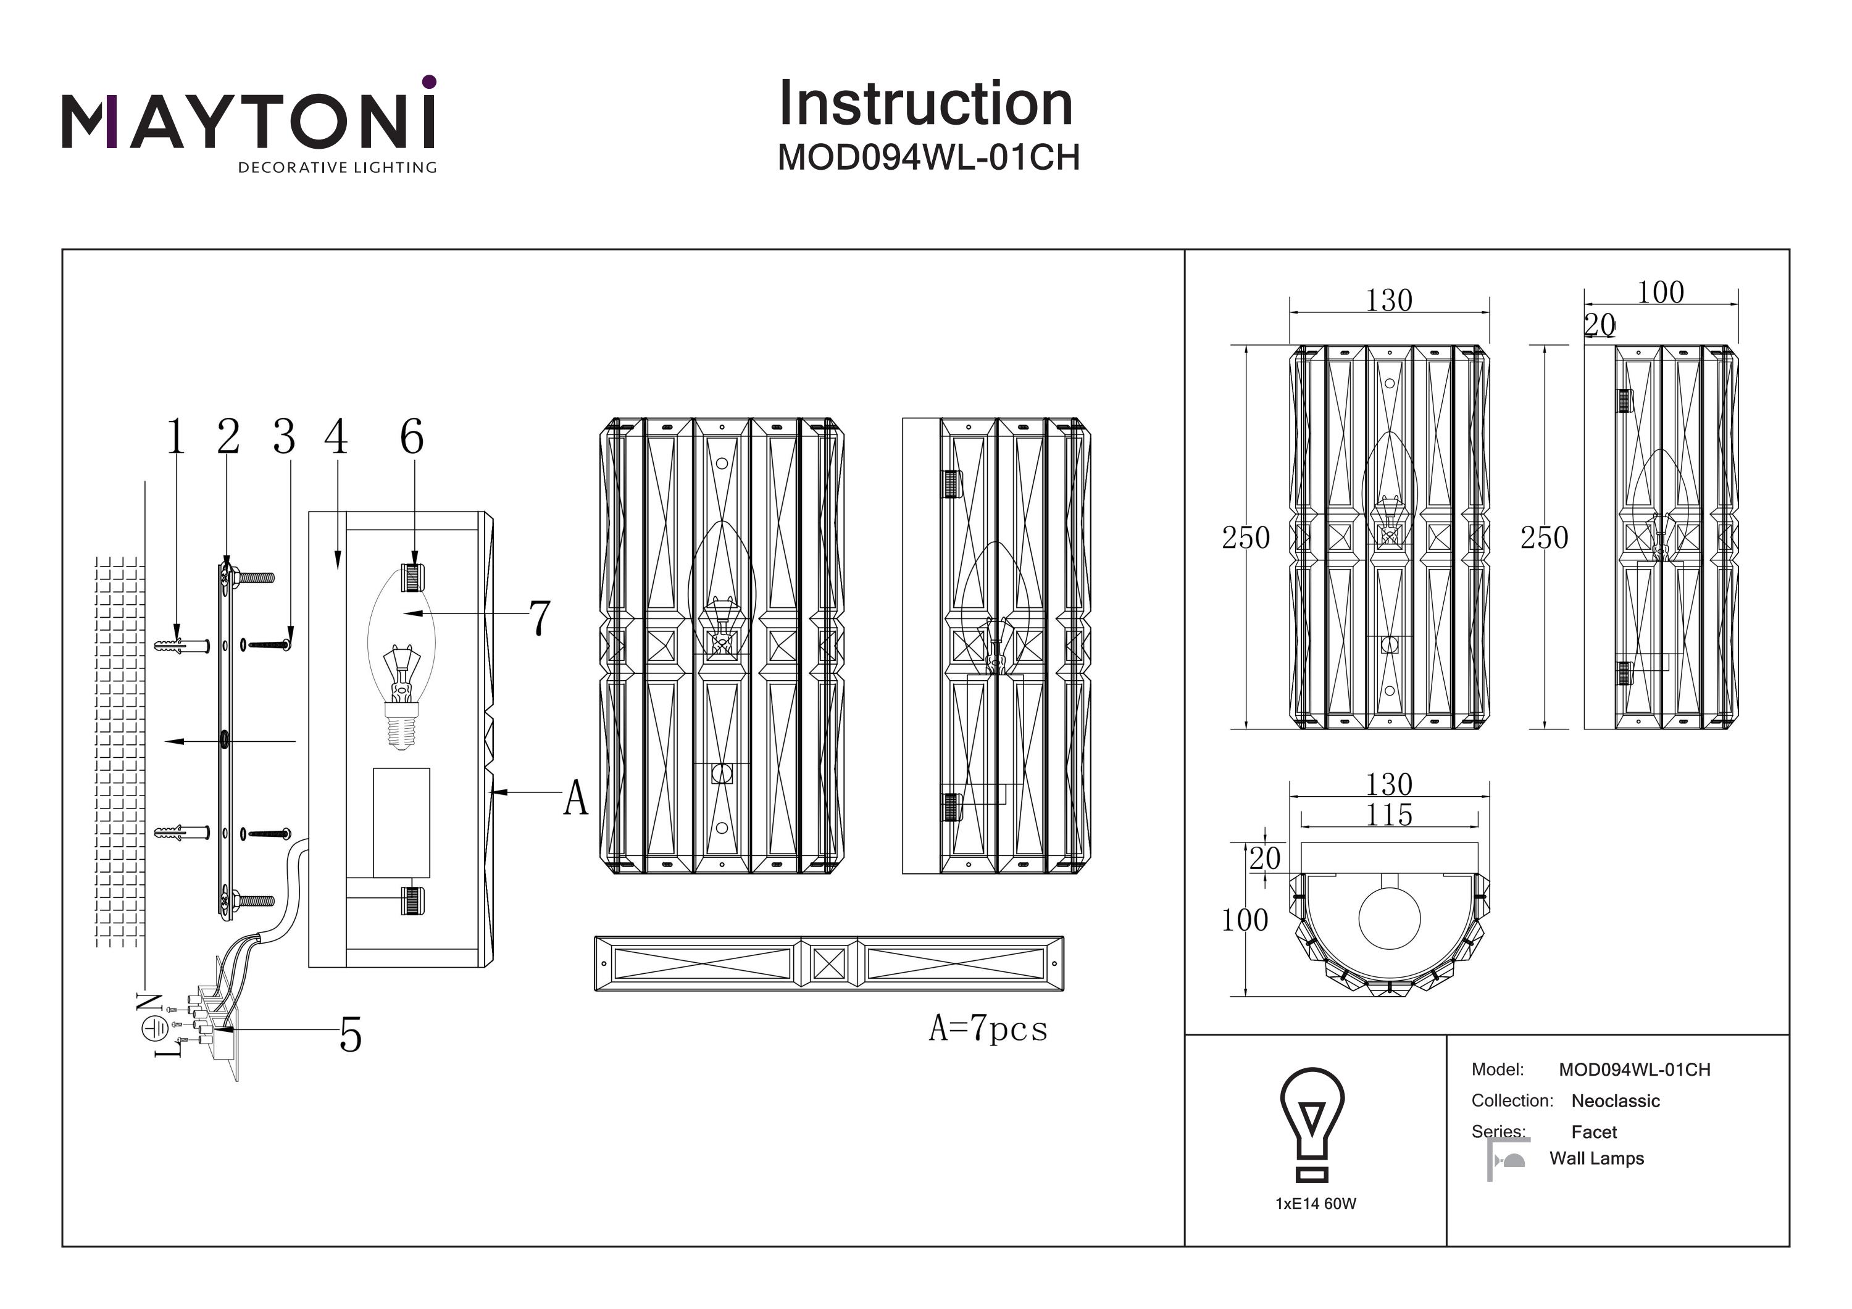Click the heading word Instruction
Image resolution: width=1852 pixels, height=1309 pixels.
(x=925, y=104)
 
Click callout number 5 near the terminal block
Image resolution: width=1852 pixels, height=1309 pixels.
(x=350, y=1035)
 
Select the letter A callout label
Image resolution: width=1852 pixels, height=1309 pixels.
(x=576, y=799)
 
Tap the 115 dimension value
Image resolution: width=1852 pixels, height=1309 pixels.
(x=1388, y=815)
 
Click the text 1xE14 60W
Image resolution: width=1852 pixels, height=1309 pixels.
(x=1316, y=1204)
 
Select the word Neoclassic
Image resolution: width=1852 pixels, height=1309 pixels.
(x=1615, y=1101)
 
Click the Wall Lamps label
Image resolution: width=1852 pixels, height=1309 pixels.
(x=1596, y=1159)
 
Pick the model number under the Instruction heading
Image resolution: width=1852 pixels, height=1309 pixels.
(x=928, y=158)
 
